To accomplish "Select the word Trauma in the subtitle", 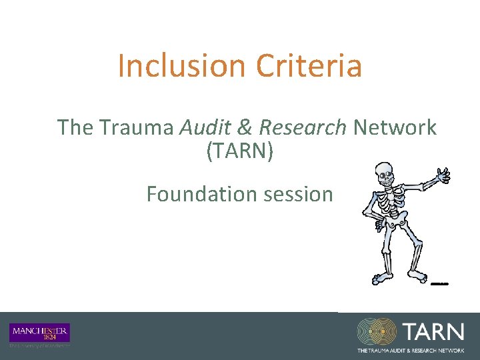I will pyautogui.click(x=139, y=127).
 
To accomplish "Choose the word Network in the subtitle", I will pyautogui.click(x=395, y=127).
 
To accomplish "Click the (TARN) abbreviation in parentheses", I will pyautogui.click(x=240, y=151).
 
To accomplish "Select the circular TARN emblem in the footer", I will pyautogui.click(x=378, y=332).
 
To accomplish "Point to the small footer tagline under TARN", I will pyautogui.click(x=411, y=350).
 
